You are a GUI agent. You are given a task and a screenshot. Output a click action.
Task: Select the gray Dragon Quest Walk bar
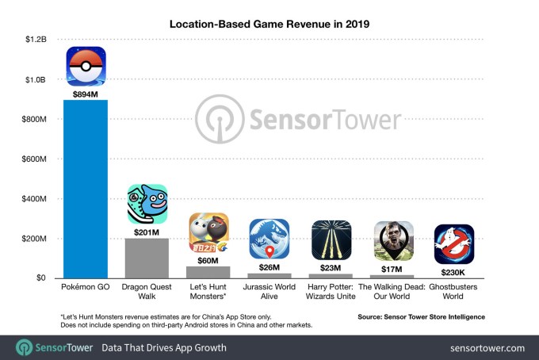click(x=147, y=259)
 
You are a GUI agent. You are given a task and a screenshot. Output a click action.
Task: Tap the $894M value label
click(x=86, y=93)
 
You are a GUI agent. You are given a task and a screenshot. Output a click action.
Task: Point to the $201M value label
click(x=147, y=232)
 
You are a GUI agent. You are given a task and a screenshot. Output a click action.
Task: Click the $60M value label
click(x=208, y=259)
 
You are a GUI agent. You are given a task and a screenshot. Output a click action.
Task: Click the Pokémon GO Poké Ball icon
click(x=86, y=67)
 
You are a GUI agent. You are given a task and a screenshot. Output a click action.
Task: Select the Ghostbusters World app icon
click(x=454, y=243)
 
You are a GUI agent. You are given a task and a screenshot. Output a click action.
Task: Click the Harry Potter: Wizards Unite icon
click(x=331, y=239)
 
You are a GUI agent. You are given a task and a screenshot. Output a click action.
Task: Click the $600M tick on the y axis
click(x=36, y=159)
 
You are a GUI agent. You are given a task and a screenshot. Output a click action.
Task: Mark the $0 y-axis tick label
click(x=40, y=278)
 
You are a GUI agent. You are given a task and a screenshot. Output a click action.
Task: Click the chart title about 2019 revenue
click(x=269, y=24)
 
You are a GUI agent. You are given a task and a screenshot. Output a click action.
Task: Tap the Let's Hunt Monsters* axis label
click(x=208, y=290)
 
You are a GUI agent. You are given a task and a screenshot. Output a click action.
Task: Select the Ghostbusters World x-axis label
click(x=454, y=290)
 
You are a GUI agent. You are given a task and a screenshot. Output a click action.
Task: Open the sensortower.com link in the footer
click(x=487, y=347)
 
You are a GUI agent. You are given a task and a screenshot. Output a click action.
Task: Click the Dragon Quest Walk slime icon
click(x=147, y=204)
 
